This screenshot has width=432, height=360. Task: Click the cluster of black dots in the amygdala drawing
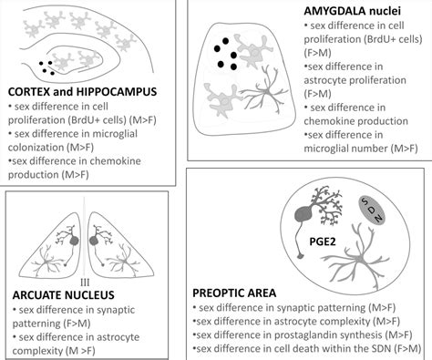coord(225,57)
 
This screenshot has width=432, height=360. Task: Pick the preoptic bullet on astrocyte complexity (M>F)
coord(296,321)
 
